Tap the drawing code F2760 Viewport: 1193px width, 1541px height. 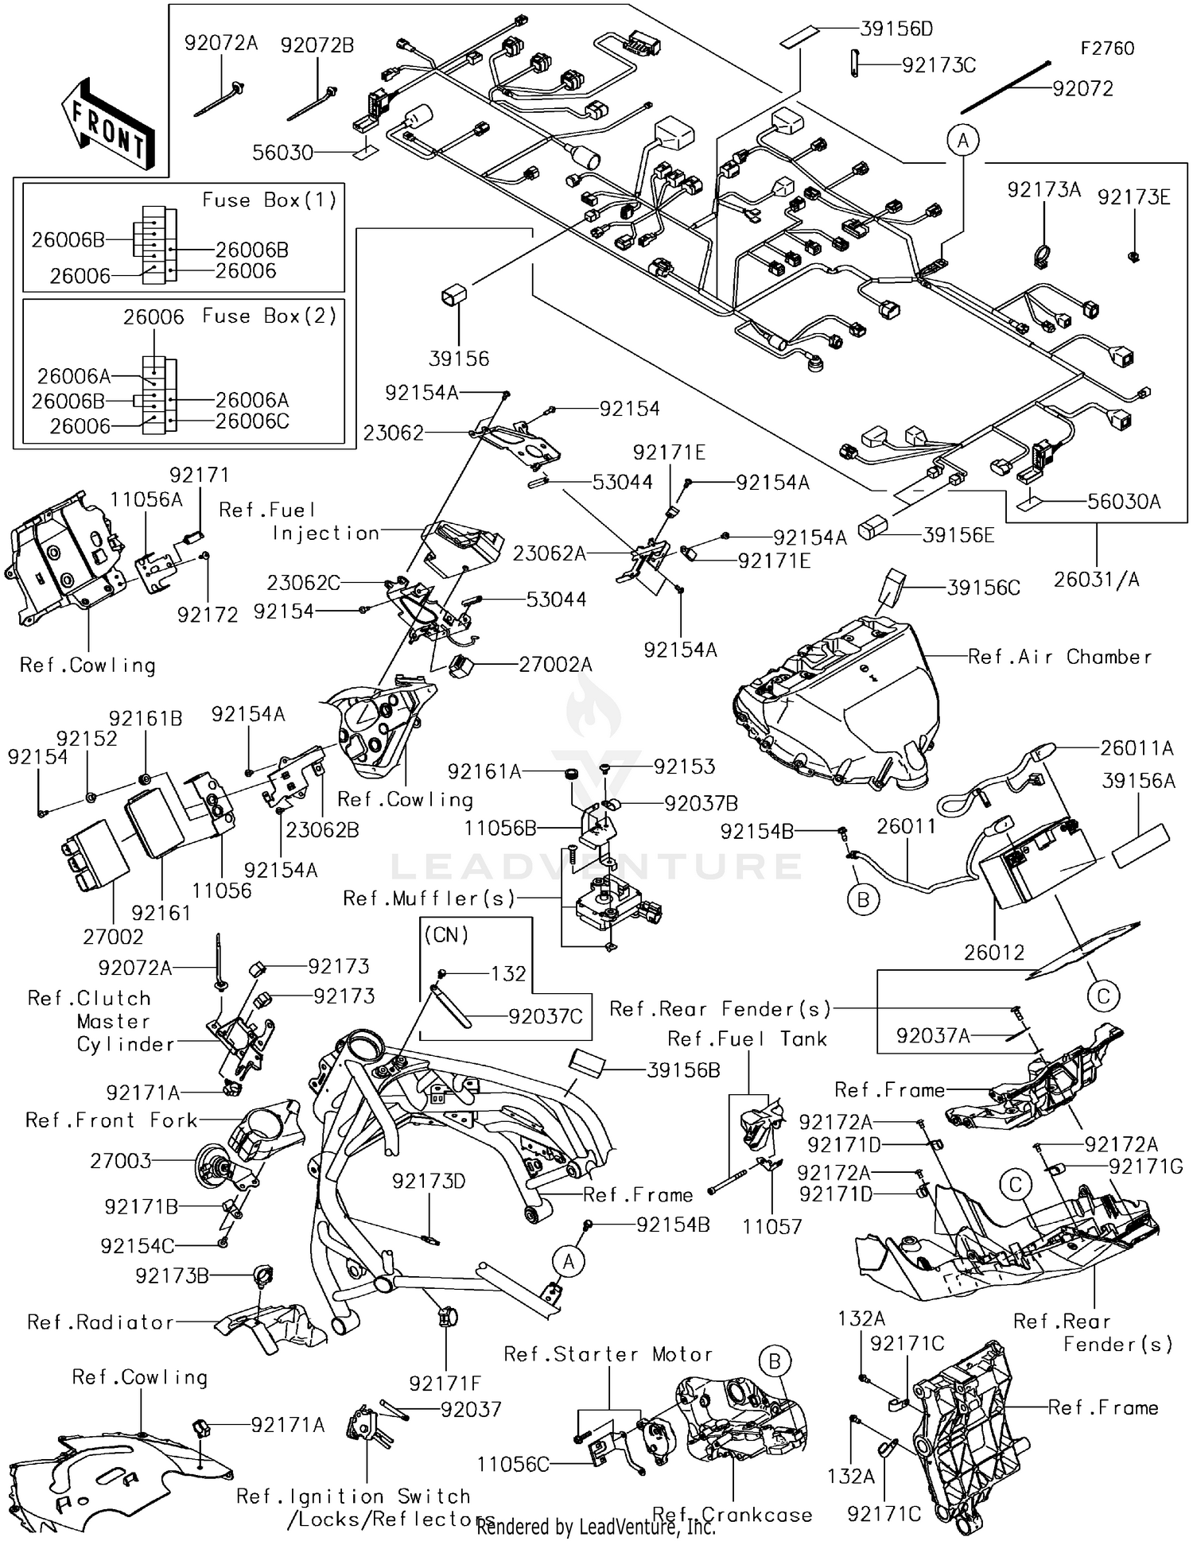coord(1106,49)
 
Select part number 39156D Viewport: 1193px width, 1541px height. coord(896,29)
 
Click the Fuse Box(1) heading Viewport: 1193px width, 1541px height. coord(269,200)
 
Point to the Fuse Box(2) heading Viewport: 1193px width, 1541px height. coord(269,316)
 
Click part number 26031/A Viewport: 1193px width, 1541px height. coord(1096,580)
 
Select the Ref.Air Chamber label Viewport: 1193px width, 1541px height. coord(1059,657)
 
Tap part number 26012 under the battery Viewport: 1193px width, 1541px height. coord(994,952)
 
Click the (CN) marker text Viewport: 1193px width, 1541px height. coord(446,935)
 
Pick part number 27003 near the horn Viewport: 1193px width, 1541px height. coord(121,1161)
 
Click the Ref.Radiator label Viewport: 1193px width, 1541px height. coord(100,1322)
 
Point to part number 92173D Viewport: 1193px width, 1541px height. coord(429,1182)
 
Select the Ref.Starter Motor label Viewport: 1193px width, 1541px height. coord(608,1354)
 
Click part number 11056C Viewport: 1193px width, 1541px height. coord(513,1464)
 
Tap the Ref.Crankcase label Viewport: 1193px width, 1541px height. coord(732,1515)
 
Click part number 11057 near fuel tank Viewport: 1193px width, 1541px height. coord(772,1226)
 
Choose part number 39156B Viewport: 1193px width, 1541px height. coord(683,1070)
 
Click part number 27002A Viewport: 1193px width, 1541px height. coord(555,664)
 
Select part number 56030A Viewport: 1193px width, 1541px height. coord(1124,502)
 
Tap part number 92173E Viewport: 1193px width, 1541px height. coord(1133,197)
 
